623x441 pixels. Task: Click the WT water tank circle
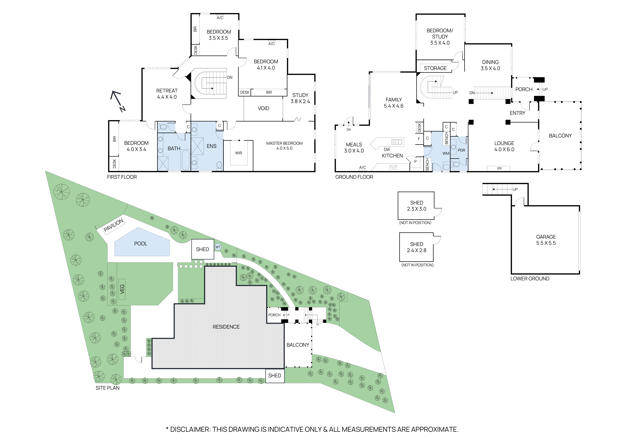218,247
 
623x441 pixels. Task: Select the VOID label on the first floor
263,108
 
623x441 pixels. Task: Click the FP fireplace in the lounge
499,169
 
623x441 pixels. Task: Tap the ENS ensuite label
211,146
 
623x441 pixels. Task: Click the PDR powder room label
461,150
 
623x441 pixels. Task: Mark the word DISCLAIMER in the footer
190,429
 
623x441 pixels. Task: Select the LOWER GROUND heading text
530,279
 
